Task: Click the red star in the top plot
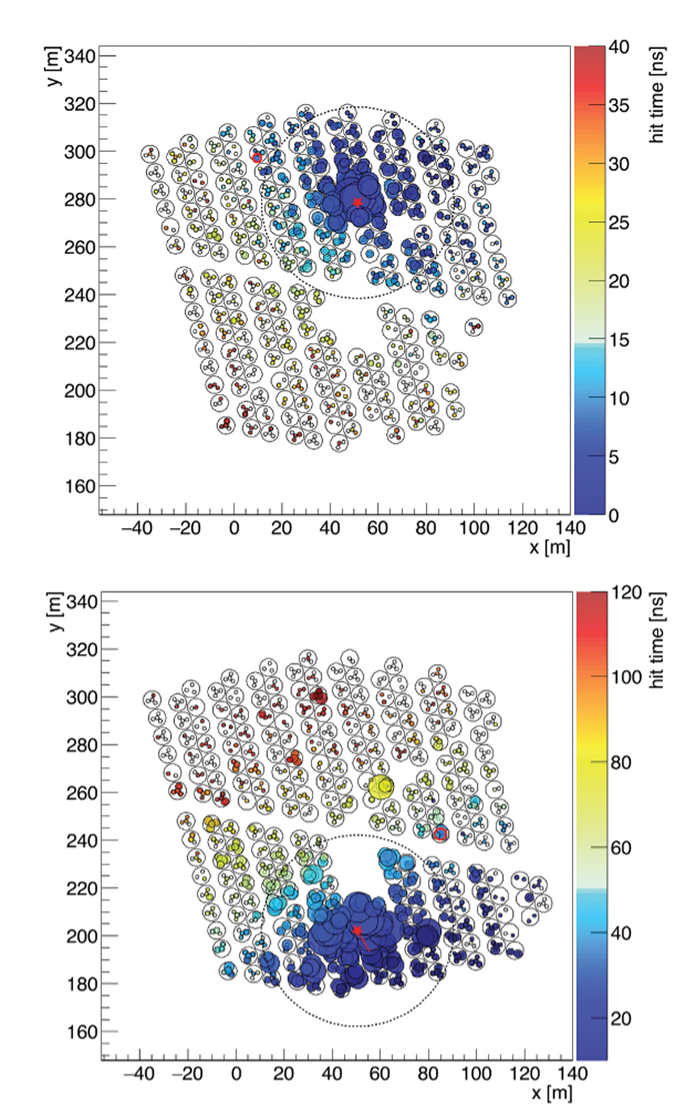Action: [x=358, y=202]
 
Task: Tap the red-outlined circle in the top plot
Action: [x=257, y=158]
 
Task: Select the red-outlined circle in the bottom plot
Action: [x=440, y=834]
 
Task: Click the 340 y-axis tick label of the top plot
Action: [x=80, y=56]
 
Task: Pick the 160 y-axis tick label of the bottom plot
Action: [x=82, y=1032]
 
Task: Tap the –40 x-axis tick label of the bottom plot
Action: [x=139, y=1074]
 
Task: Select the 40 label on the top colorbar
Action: [x=619, y=47]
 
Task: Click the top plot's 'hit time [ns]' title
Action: [x=657, y=95]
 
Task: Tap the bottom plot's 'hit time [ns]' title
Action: [x=657, y=640]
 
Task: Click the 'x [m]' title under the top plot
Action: [x=550, y=546]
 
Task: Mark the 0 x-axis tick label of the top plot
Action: [x=234, y=528]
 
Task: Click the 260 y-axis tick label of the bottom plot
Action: [x=82, y=792]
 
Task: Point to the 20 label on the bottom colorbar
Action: [x=621, y=1018]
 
